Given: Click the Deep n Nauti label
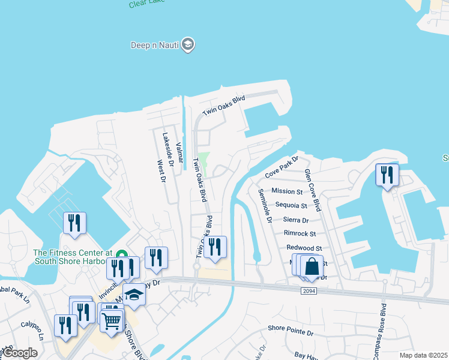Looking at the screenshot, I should (155, 45).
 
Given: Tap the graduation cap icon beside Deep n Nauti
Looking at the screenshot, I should (188, 44).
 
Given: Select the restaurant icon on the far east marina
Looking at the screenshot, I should (387, 175).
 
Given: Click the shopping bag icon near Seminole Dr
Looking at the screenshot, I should (312, 266).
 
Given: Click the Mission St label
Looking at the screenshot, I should (287, 191).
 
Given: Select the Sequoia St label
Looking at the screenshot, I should (291, 205).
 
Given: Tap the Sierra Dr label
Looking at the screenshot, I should (296, 220).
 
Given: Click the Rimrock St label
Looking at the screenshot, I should (300, 233).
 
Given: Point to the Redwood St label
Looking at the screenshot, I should (304, 248).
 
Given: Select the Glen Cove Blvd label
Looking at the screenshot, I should (313, 190).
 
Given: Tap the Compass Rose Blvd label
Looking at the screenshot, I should (381, 331).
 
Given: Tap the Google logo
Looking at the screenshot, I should (20, 353).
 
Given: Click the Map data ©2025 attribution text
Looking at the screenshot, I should (423, 355).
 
